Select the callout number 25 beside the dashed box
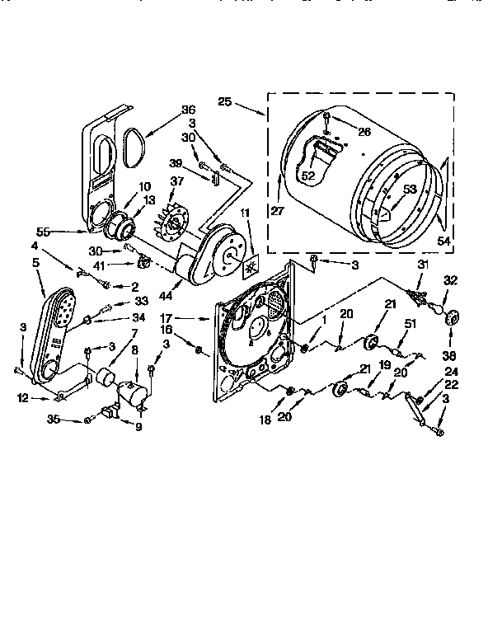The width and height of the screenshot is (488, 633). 225,104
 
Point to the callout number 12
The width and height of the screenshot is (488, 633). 24,400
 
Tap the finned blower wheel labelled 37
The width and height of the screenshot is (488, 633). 176,219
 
